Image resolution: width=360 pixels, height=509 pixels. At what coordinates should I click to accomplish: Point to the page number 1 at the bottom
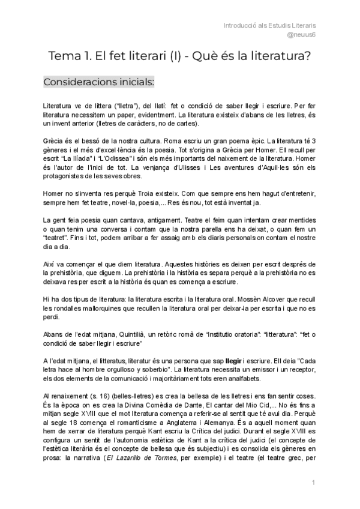(313, 483)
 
